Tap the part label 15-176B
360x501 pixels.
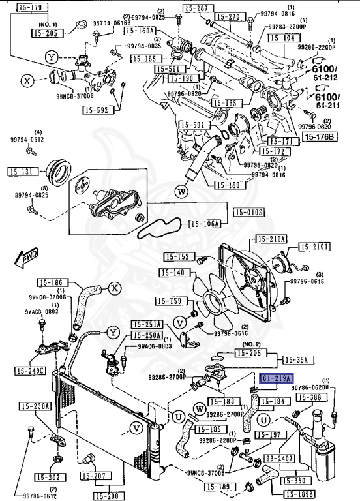pos(318,136)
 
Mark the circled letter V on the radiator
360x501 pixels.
pos(136,428)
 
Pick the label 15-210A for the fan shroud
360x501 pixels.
pos(271,239)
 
